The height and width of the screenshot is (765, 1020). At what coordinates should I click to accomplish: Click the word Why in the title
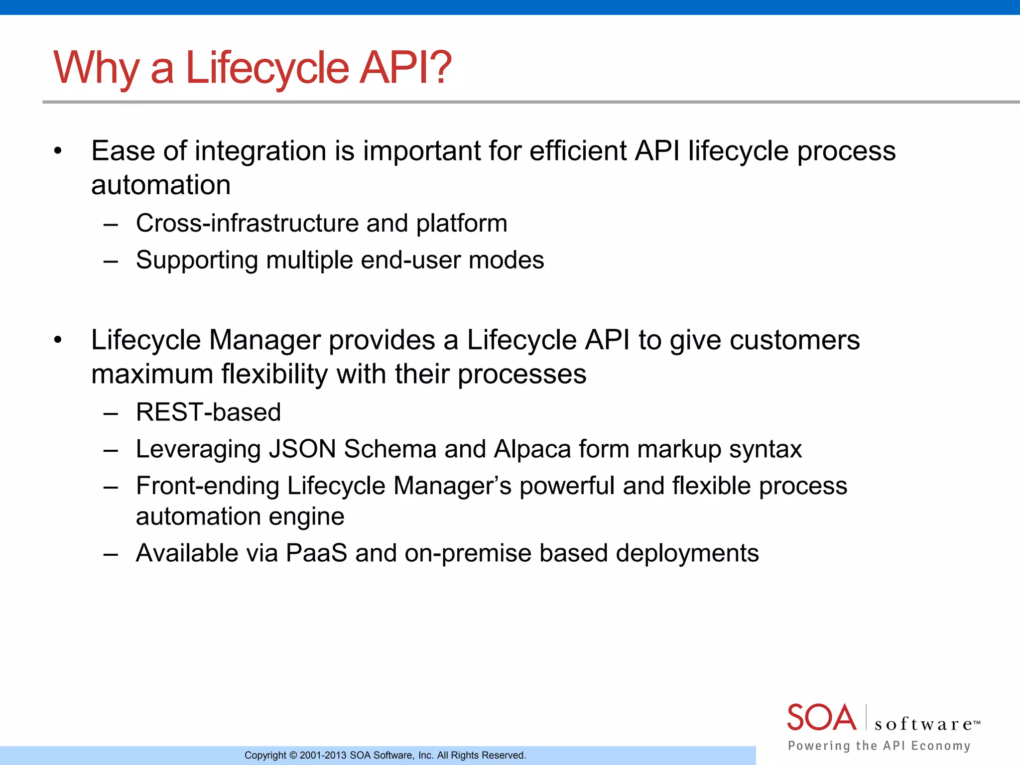point(96,68)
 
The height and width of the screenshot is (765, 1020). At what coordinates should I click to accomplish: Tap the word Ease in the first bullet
point(123,151)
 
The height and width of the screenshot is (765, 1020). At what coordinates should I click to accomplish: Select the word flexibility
point(274,374)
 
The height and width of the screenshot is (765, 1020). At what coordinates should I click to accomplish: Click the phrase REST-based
point(208,412)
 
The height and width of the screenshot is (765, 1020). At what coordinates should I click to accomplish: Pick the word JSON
point(302,449)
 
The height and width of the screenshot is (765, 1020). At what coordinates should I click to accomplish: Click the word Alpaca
point(532,449)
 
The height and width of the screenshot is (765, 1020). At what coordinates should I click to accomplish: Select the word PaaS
point(316,553)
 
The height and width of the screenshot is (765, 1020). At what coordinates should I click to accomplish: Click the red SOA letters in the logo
point(821,718)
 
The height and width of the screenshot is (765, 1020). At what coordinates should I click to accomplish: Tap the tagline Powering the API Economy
point(879,746)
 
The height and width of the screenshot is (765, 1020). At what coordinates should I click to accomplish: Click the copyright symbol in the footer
point(293,756)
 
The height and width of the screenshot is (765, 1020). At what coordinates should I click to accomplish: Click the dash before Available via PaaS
point(111,554)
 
